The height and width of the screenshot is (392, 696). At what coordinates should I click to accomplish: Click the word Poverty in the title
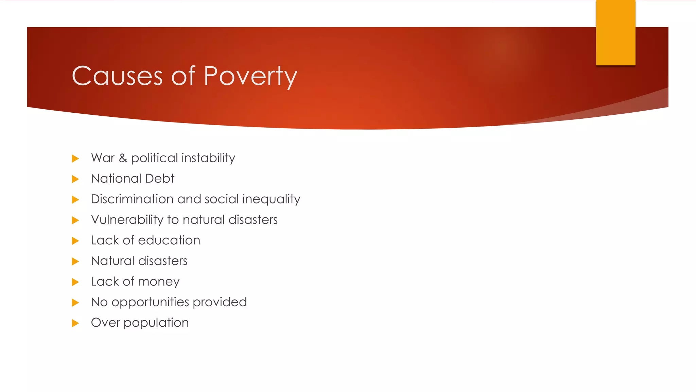point(250,76)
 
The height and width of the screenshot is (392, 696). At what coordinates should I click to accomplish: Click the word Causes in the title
point(117,76)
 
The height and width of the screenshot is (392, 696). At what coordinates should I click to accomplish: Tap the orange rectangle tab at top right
point(615,33)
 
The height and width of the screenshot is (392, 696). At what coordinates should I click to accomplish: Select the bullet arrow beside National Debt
point(75,179)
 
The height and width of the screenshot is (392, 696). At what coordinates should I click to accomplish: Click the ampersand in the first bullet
point(123,158)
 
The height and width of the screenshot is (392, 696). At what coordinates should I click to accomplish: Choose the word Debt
point(159,179)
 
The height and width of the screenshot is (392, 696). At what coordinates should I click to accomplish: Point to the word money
point(159,282)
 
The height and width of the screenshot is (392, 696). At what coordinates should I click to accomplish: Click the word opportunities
point(150,303)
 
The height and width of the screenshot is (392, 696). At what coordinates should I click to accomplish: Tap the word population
point(156,323)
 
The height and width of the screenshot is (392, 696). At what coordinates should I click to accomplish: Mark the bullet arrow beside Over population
point(75,323)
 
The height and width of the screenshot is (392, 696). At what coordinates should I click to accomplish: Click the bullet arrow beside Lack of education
point(75,241)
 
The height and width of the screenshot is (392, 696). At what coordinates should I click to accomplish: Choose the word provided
point(220,302)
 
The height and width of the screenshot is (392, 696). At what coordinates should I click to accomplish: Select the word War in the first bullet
point(103,158)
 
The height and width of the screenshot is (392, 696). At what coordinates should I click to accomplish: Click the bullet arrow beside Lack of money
point(75,282)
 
